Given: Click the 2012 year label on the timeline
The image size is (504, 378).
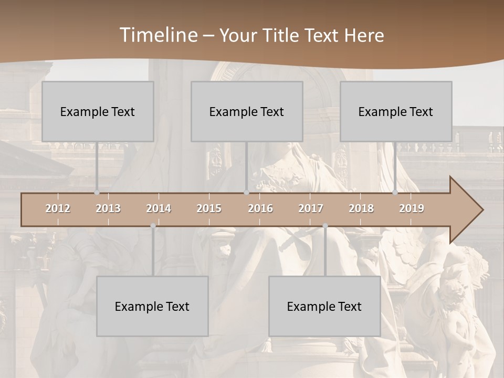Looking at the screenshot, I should pyautogui.click(x=58, y=208).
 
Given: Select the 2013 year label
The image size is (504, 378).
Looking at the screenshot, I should pyautogui.click(x=108, y=208).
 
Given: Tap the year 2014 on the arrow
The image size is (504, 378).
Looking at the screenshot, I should pyautogui.click(x=159, y=208).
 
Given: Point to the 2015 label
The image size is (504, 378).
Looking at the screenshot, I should pyautogui.click(x=209, y=208).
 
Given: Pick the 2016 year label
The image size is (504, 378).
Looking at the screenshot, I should pyautogui.click(x=260, y=208).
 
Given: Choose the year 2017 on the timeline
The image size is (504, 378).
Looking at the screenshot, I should pyautogui.click(x=311, y=208).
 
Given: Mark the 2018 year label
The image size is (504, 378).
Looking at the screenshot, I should pyautogui.click(x=361, y=208).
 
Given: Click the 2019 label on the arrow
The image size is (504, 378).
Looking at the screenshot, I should pyautogui.click(x=412, y=208).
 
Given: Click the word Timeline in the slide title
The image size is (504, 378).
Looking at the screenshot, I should pyautogui.click(x=158, y=35).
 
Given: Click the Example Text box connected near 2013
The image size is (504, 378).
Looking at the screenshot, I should pyautogui.click(x=98, y=111).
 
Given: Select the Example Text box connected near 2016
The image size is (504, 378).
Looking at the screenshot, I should pyautogui.click(x=247, y=111).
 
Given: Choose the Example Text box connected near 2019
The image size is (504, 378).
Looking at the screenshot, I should pyautogui.click(x=396, y=111).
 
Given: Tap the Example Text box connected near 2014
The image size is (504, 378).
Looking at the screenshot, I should pyautogui.click(x=152, y=306).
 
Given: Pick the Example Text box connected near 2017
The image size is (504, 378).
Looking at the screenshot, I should pyautogui.click(x=324, y=306).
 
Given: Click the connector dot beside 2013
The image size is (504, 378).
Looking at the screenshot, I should pyautogui.click(x=97, y=193).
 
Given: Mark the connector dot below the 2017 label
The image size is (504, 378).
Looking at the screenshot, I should pyautogui.click(x=325, y=226).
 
